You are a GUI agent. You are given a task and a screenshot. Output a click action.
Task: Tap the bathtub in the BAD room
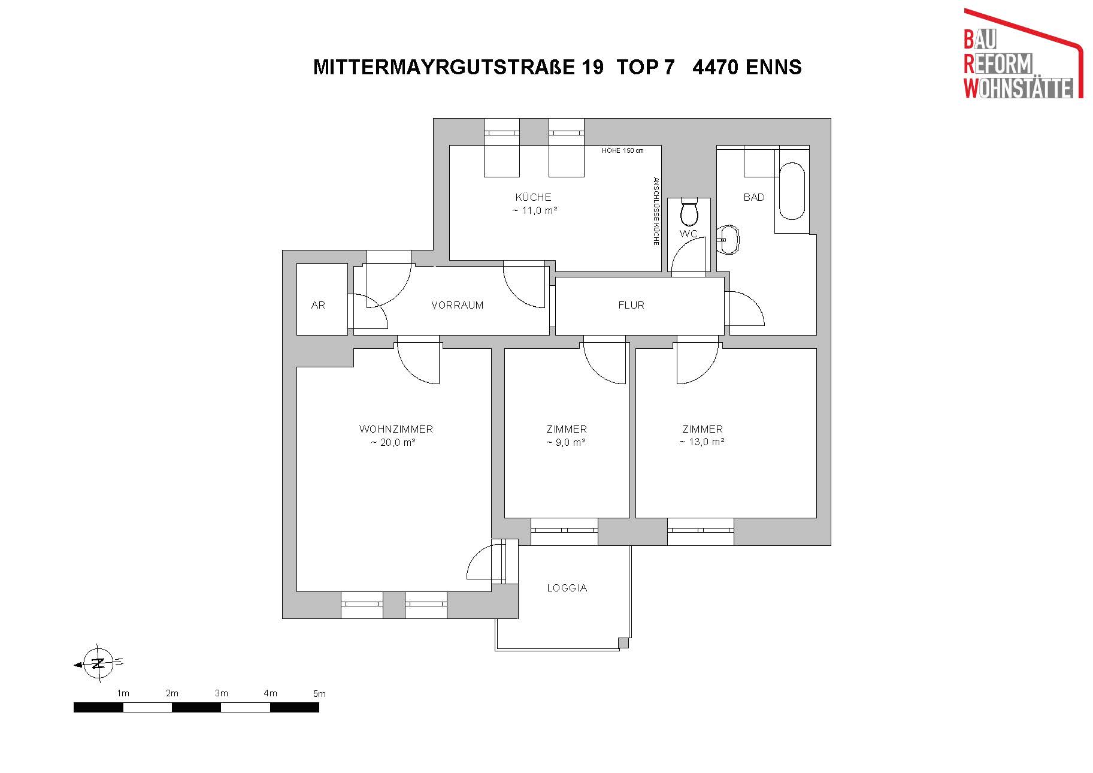792,191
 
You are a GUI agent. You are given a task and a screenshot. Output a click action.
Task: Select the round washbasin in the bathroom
730,240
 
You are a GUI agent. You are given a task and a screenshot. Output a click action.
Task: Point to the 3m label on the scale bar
222,693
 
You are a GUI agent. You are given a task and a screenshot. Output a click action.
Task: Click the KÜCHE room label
533,197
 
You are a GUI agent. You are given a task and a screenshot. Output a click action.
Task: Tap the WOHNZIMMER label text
396,429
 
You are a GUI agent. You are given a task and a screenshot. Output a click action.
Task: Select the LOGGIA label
567,588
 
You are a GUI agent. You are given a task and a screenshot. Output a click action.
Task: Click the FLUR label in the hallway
631,305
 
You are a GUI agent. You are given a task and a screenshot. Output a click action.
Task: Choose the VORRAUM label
457,305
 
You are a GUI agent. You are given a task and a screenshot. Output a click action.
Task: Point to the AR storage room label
318,305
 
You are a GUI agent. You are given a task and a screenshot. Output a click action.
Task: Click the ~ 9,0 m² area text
566,442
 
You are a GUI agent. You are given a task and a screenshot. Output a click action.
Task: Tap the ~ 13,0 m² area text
702,442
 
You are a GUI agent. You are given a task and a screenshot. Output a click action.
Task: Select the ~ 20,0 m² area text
393,443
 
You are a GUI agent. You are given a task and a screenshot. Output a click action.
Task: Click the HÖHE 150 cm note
623,150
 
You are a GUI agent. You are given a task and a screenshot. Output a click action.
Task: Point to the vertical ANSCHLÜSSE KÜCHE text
656,211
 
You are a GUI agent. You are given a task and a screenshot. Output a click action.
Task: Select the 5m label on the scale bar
319,694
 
